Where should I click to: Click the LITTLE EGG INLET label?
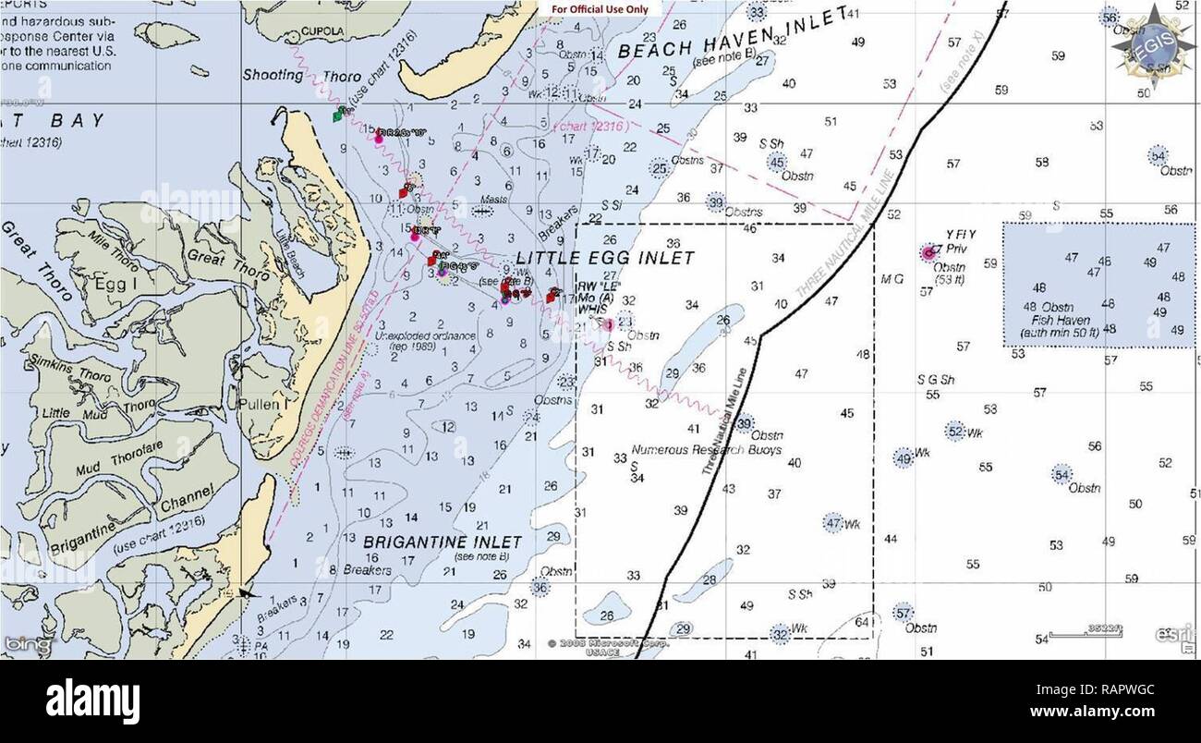(x=604, y=258)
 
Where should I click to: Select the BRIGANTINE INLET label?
(x=442, y=542)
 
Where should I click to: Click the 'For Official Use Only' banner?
(x=600, y=9)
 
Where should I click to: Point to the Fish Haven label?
(x=1062, y=319)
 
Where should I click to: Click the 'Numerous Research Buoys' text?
(x=706, y=450)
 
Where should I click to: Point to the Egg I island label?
(x=116, y=285)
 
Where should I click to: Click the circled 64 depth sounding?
(x=862, y=623)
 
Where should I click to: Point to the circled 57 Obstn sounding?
(x=904, y=612)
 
